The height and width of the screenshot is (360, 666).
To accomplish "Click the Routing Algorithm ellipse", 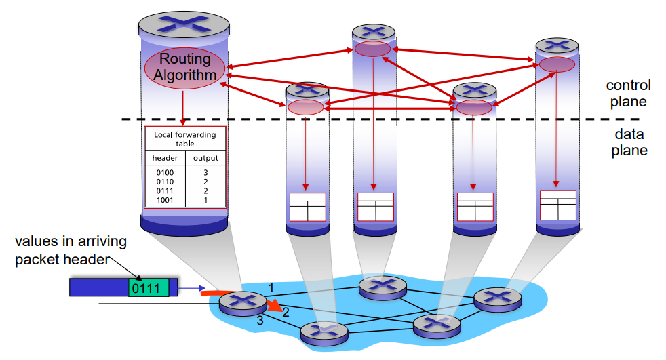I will (x=184, y=67).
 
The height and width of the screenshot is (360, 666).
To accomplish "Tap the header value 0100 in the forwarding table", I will (x=165, y=173).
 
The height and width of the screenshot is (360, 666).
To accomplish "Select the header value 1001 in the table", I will (x=165, y=201).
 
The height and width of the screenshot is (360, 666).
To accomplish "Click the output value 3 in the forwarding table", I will (x=205, y=173).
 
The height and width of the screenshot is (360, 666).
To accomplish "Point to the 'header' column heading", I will (x=165, y=158).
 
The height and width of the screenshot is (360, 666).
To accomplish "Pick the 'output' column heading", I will (x=205, y=158).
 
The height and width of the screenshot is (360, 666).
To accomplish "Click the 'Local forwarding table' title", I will (x=184, y=139).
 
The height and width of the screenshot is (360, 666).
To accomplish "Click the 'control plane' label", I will (x=629, y=94).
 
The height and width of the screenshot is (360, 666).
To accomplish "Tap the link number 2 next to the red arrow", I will (x=286, y=312).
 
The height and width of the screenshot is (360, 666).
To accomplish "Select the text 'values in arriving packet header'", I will (x=71, y=250).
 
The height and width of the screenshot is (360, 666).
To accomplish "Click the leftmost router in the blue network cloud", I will (x=243, y=302).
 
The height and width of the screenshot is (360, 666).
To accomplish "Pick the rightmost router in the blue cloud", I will (x=496, y=298).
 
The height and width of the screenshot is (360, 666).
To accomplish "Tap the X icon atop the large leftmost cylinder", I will (x=184, y=24).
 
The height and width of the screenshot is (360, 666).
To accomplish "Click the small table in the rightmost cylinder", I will (x=557, y=205).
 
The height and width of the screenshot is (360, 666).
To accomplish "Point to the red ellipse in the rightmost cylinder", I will (x=557, y=64).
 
